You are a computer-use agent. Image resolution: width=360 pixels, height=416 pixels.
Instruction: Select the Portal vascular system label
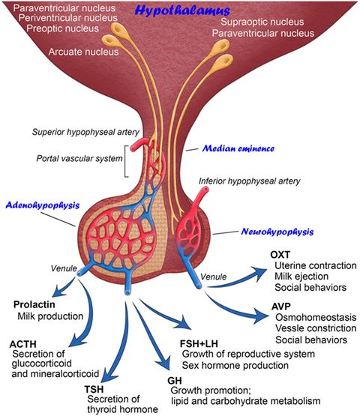tap(76, 159)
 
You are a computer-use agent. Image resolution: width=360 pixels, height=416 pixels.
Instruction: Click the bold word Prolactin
tap(34, 304)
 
